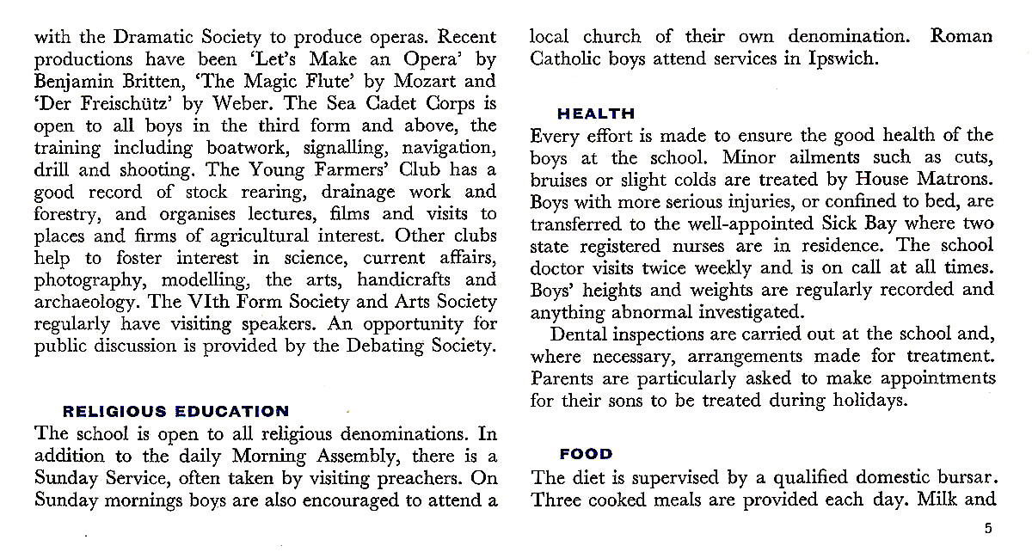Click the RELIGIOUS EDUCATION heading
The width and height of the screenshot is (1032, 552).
[x=177, y=412]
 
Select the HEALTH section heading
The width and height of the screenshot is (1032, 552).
[x=596, y=113]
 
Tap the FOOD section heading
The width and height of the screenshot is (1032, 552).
[x=586, y=454]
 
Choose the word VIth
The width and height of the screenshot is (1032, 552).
[x=207, y=304]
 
